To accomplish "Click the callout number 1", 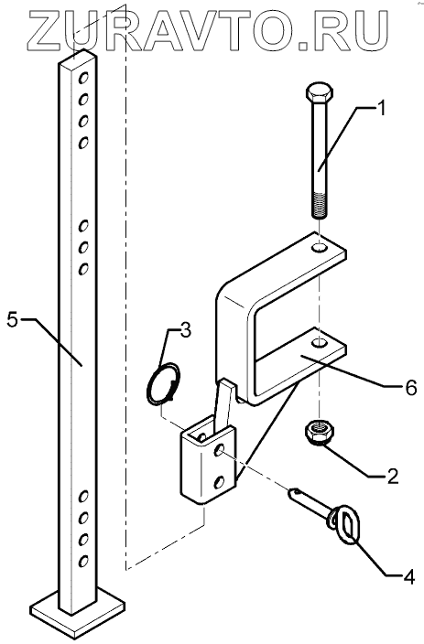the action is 381,109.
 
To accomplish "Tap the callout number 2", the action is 392,476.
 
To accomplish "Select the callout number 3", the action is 186,330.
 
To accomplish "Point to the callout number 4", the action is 408,577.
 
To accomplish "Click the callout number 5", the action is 12,320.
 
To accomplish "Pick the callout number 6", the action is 411,387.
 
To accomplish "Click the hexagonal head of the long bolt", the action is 319,93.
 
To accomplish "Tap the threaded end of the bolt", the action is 320,204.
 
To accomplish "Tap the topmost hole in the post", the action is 83,77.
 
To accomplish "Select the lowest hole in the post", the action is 83,561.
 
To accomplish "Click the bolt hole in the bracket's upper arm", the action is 319,248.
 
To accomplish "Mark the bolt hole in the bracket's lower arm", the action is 320,342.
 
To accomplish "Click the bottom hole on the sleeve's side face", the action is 220,482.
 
